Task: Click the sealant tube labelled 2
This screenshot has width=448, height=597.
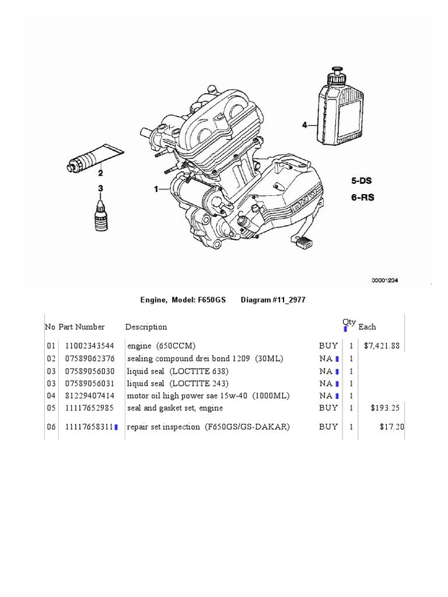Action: pyautogui.click(x=93, y=157)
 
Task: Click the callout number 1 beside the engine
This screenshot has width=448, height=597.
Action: pyautogui.click(x=156, y=189)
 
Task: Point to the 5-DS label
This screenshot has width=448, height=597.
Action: pyautogui.click(x=362, y=181)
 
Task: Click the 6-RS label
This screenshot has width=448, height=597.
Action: pyautogui.click(x=362, y=197)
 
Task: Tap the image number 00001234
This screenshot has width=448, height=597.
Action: pyautogui.click(x=384, y=280)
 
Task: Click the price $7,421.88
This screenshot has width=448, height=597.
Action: pyautogui.click(x=381, y=346)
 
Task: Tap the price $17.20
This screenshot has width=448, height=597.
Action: pyautogui.click(x=391, y=427)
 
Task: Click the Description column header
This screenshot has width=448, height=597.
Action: pyautogui.click(x=146, y=327)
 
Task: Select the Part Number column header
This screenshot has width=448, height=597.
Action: pyautogui.click(x=81, y=327)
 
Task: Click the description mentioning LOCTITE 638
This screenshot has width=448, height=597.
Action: pyautogui.click(x=178, y=371)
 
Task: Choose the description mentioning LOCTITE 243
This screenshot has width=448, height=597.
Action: pyautogui.click(x=178, y=384)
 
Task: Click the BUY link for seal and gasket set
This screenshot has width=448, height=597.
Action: pyautogui.click(x=328, y=408)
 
